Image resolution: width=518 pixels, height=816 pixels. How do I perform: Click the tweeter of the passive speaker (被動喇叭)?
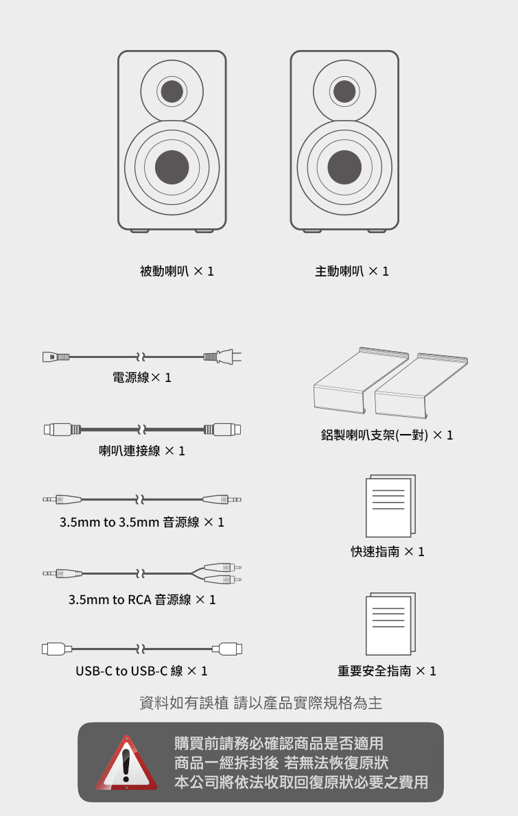pos(172,91)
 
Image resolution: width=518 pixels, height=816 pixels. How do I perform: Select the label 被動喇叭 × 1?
pos(177,272)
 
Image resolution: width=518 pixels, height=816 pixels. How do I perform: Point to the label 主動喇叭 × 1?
pos(351,272)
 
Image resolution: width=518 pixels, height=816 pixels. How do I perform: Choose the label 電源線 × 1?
pos(142,377)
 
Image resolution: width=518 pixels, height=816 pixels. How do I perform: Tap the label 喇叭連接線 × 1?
pos(142,451)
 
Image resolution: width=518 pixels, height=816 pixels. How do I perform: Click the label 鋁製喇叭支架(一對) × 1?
pos(387,435)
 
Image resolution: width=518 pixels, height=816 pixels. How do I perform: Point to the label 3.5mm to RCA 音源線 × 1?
pos(142,600)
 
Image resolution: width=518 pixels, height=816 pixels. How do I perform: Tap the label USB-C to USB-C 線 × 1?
pos(141,671)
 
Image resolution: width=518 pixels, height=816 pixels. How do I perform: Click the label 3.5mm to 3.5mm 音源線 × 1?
pos(142,523)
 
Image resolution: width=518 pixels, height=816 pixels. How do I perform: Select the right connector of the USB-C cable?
pos(228,648)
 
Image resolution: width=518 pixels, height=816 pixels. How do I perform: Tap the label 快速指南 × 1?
pos(388,552)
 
